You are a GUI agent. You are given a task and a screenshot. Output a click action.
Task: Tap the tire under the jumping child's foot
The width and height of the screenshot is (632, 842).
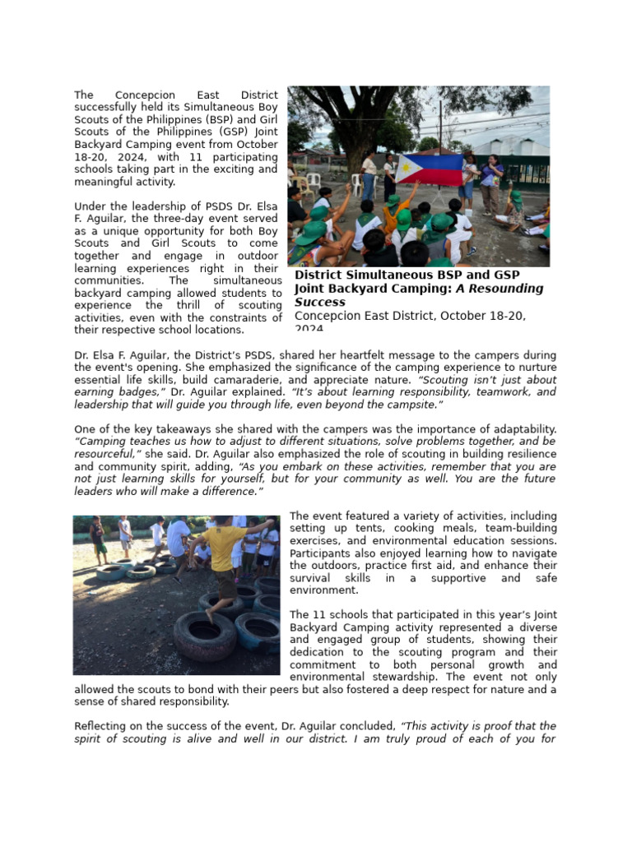(203, 634)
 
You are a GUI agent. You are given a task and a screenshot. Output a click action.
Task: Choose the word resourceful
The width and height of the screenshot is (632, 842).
(107, 454)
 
